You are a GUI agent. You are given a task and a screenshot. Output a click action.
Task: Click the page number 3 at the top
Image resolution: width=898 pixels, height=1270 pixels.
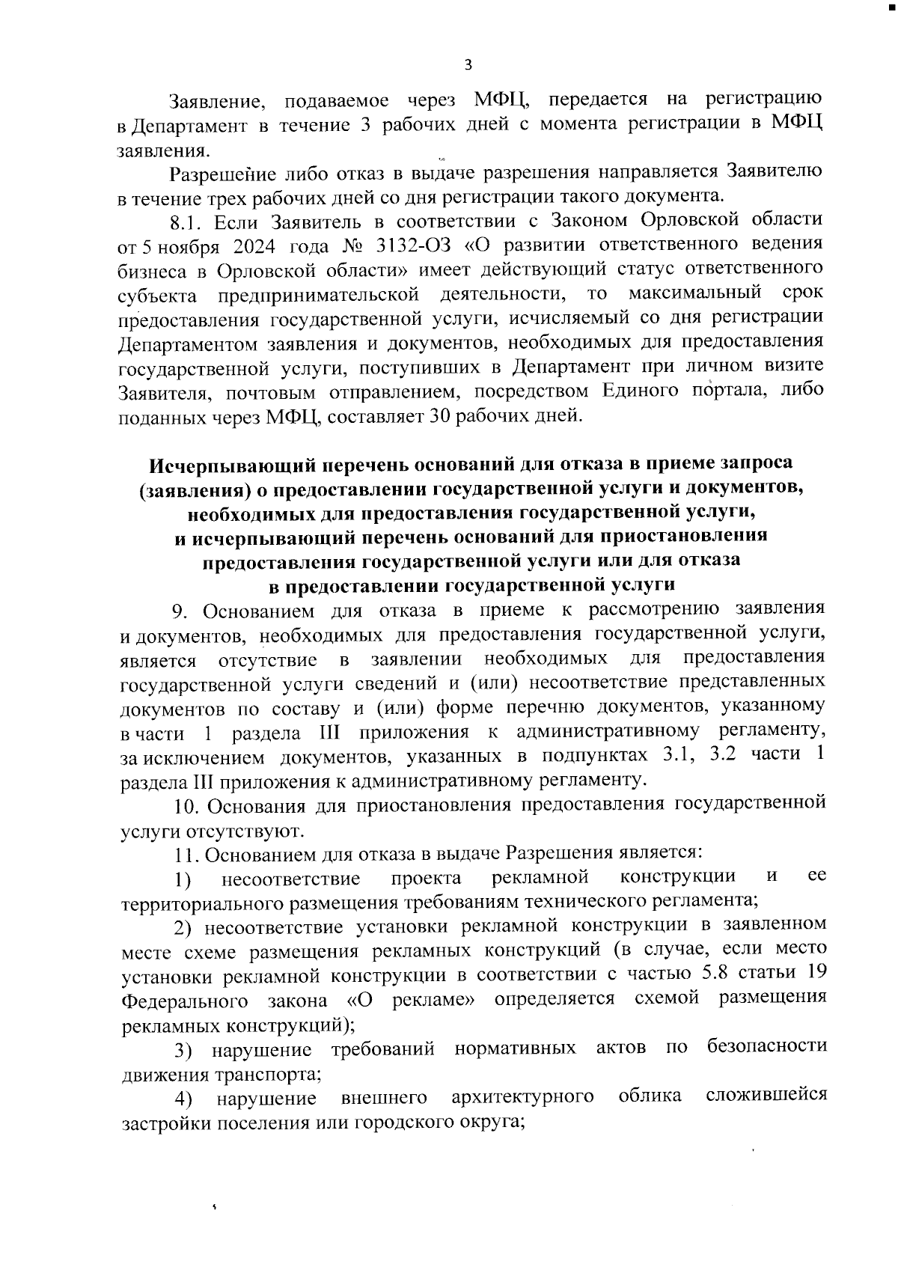[x=468, y=65]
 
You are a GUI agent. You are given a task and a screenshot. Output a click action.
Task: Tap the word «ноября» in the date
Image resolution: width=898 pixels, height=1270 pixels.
[x=180, y=245]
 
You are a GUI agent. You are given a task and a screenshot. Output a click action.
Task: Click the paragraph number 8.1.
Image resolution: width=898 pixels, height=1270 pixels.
[x=186, y=222]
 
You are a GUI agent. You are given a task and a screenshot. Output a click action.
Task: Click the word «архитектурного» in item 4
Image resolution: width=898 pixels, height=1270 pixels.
[x=522, y=1097]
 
